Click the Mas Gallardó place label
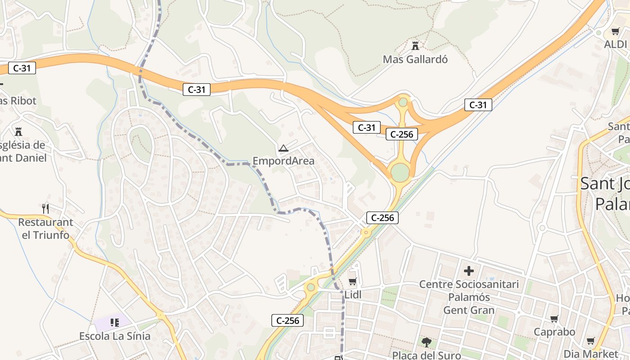click(x=415, y=59)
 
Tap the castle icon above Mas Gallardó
click(x=415, y=45)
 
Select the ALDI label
click(x=616, y=44)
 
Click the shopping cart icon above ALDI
click(x=615, y=31)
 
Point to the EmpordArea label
click(x=283, y=161)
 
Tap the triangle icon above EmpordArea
click(x=283, y=148)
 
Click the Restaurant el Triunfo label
click(x=45, y=228)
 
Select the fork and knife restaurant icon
click(x=45, y=208)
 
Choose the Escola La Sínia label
click(x=115, y=336)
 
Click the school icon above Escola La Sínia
click(x=114, y=322)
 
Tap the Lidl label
click(x=353, y=295)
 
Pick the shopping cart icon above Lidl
click(x=352, y=282)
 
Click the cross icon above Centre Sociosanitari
click(x=469, y=270)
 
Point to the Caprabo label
click(x=554, y=332)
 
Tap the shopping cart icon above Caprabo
click(x=554, y=319)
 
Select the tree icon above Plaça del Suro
click(x=426, y=342)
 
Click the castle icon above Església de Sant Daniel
click(x=18, y=131)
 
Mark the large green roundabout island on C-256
click(x=400, y=172)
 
